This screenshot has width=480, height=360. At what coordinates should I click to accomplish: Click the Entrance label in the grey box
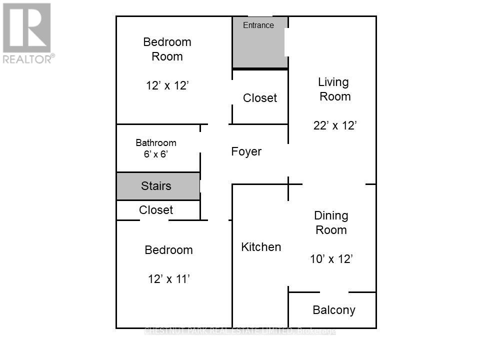258,25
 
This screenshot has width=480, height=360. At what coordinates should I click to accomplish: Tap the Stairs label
156,186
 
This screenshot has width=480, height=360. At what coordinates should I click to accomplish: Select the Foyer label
246,151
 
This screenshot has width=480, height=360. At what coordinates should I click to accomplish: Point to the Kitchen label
261,246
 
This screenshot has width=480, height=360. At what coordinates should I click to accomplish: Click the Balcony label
333,310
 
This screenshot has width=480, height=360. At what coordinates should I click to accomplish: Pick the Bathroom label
156,143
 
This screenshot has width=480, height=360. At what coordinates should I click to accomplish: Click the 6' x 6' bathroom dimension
156,154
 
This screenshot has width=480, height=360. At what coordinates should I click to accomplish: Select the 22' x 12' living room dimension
334,125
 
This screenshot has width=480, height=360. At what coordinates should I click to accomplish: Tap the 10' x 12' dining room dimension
331,259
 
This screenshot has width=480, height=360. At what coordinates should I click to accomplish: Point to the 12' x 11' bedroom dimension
168,279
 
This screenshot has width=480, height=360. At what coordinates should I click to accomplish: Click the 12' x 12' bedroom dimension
167,86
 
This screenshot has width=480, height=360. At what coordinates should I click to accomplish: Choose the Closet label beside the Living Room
259,98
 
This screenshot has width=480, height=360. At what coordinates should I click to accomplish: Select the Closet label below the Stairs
156,210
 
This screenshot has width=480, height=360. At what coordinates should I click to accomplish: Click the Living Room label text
334,89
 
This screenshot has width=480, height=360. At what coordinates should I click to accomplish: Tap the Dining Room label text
330,222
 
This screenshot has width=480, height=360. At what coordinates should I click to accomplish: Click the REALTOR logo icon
26,27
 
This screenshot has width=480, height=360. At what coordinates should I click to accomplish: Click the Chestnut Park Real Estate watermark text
240,331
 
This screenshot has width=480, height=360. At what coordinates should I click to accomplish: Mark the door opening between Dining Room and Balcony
334,292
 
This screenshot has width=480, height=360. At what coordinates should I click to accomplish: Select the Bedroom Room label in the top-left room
167,49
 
